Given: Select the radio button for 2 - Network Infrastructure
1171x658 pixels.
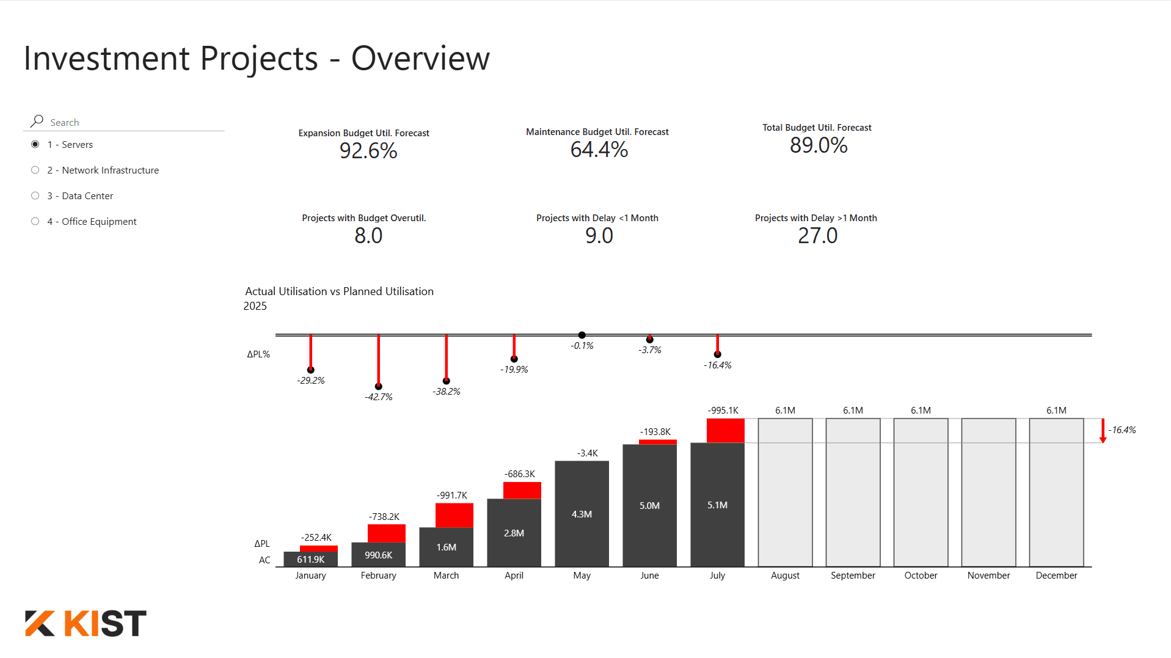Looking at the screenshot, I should (35, 170).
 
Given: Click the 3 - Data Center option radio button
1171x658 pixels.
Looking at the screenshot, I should (35, 196).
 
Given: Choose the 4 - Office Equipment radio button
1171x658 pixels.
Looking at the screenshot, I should (35, 222).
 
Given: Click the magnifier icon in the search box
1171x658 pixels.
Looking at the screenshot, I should (37, 121).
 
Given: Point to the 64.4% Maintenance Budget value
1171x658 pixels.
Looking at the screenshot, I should (599, 150).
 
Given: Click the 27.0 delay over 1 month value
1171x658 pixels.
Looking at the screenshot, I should (817, 236).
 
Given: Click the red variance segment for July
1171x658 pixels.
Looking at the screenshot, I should (725, 430).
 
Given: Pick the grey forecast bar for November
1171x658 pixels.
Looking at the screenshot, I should (988, 492).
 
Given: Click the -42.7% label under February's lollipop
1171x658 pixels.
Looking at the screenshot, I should (379, 397).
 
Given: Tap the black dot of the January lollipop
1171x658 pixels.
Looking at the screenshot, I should (311, 370).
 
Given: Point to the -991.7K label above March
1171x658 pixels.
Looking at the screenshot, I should (452, 495).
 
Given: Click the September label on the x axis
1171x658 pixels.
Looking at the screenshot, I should (853, 576).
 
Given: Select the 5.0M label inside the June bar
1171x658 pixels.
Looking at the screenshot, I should (649, 506).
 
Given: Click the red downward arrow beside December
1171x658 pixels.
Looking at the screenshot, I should (1103, 431).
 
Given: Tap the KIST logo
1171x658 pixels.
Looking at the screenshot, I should (86, 623).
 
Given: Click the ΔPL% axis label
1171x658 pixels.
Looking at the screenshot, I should (258, 354).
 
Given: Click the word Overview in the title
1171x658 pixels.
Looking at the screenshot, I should (420, 59).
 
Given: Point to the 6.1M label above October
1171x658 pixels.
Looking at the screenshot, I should (921, 411).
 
